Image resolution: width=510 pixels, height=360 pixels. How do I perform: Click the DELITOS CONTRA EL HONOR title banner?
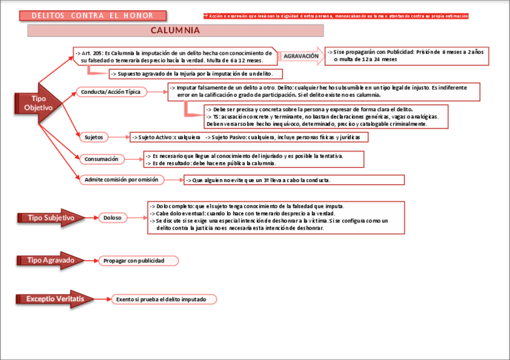tap(91, 16)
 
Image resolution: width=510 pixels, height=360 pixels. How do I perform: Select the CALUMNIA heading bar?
tap(175, 31)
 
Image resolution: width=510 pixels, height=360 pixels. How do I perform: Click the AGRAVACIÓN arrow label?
tap(301, 56)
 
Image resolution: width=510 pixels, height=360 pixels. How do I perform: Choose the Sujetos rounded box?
tap(93, 137)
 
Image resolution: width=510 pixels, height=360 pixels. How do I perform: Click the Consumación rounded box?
tap(102, 159)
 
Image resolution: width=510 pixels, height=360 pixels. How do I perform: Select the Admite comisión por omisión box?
tap(121, 180)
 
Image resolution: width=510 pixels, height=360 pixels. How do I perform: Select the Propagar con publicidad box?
tap(139, 261)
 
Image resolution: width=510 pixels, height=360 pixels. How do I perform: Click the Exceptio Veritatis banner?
tap(54, 299)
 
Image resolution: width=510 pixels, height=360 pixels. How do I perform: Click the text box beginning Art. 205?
tap(174, 56)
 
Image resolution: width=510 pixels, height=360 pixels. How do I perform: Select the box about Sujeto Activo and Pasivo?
tap(248, 137)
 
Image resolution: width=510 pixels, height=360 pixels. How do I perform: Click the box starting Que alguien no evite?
tap(294, 180)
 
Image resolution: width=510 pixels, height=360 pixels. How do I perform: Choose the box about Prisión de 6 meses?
tap(407, 56)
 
